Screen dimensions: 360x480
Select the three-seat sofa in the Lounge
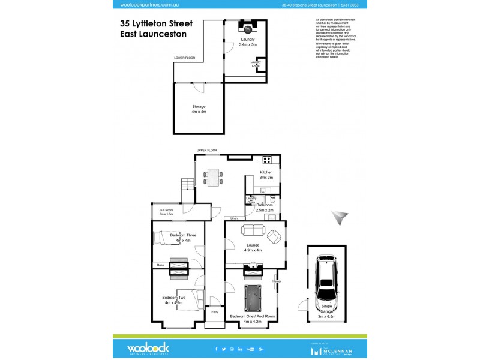[251, 230]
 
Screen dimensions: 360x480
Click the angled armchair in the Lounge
[275, 236]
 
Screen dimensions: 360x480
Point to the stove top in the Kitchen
[267, 160]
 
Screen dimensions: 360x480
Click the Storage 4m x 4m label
[199, 109]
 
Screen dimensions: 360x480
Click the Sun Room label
[166, 212]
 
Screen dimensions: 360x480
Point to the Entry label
[214, 312]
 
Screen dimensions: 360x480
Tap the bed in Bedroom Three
[167, 238]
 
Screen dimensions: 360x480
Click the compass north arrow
[341, 217]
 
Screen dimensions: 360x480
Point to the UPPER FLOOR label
[207, 150]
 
